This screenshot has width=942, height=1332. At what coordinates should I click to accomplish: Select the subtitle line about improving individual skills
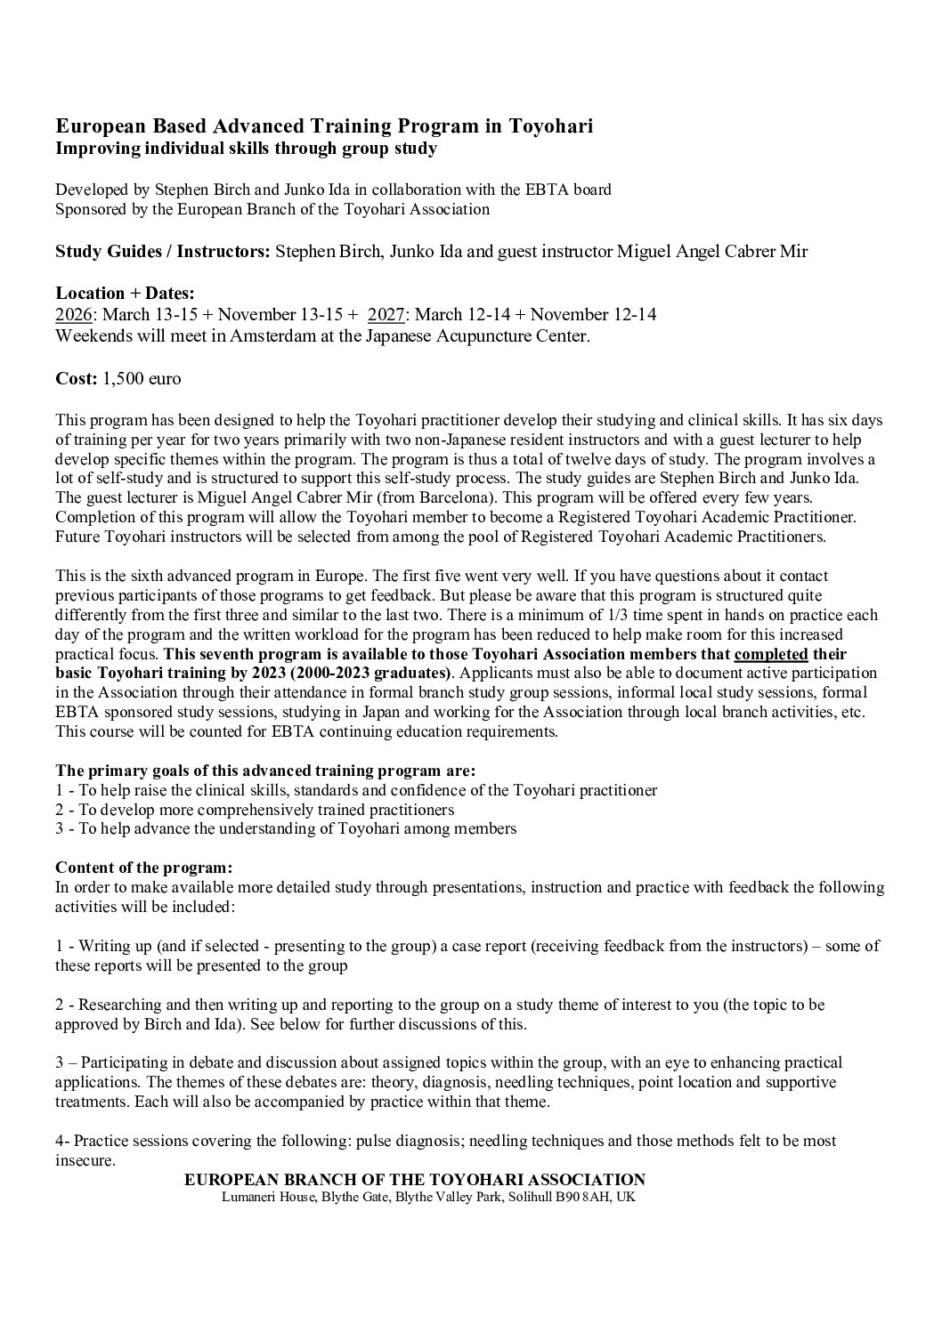tap(246, 149)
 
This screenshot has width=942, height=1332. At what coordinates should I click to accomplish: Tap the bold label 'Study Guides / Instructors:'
tap(162, 251)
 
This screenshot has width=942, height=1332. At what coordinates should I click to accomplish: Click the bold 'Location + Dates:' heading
tap(125, 293)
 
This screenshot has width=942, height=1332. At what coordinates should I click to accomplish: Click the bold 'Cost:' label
tap(76, 378)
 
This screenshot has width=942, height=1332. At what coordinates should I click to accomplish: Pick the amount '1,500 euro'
tap(142, 378)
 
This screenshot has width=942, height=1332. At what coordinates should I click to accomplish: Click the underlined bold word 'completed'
tap(770, 654)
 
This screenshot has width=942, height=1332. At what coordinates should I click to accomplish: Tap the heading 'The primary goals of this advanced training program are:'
tap(265, 770)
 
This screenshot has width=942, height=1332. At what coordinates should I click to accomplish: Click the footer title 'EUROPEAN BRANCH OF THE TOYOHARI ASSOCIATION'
tap(414, 1179)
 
